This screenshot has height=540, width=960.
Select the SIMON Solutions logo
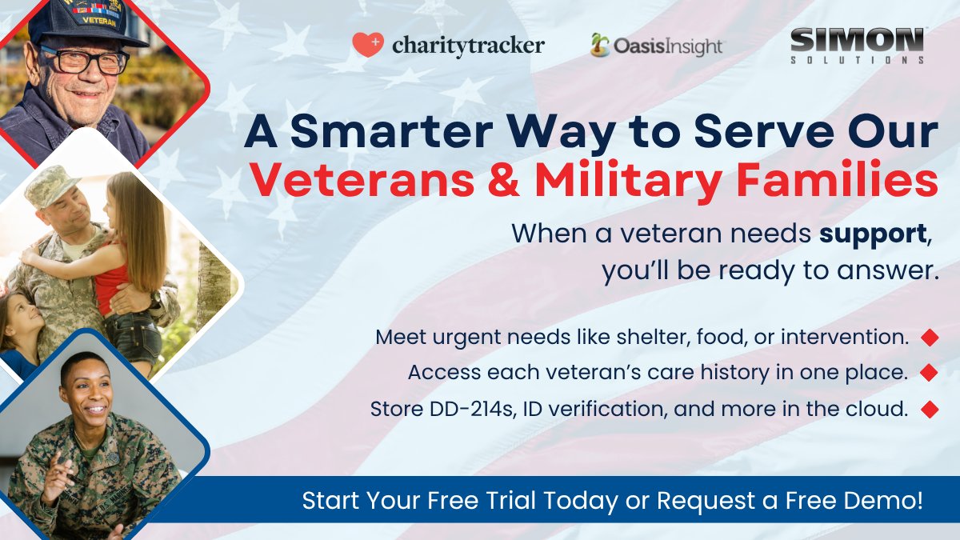pyautogui.click(x=857, y=45)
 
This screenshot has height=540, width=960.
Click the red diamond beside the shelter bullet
pyautogui.click(x=929, y=338)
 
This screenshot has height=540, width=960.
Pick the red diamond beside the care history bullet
pyautogui.click(x=929, y=373)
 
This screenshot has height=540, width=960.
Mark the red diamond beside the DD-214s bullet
pyautogui.click(x=929, y=410)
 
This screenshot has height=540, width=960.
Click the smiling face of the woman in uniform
pyautogui.click(x=86, y=398)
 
